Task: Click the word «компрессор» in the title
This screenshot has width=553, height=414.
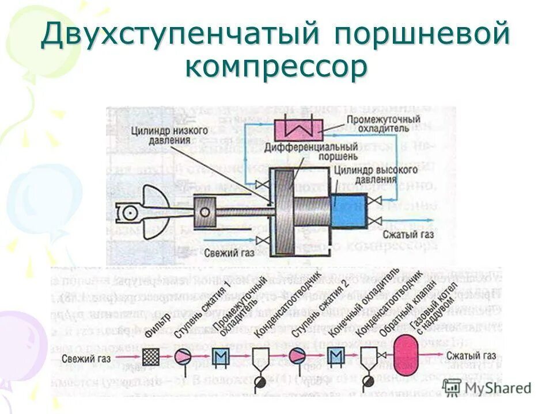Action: coord(276,67)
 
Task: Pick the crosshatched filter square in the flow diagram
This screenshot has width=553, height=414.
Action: coord(151,356)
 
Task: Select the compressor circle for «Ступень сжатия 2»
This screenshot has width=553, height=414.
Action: coord(298,356)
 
